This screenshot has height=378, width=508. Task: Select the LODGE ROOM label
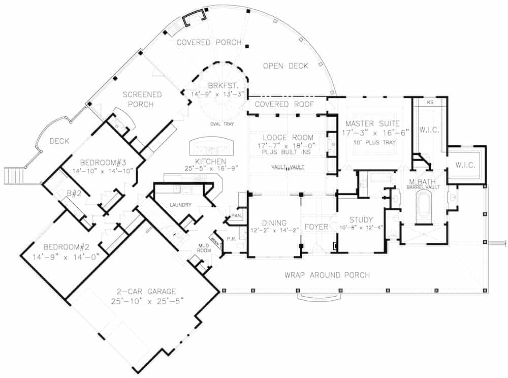pos(288,138)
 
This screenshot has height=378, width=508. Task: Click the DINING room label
pos(274,223)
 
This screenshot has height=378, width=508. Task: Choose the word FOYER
pos(316,227)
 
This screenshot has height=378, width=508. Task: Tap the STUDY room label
pos(361,219)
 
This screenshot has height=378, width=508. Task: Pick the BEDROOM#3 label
pos(99,163)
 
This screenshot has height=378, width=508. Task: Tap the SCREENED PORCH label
pos(142,99)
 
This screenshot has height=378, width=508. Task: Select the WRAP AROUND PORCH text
pos(327,275)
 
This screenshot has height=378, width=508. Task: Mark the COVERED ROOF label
pos(283,104)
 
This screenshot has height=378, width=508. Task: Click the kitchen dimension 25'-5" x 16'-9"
pos(213,168)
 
